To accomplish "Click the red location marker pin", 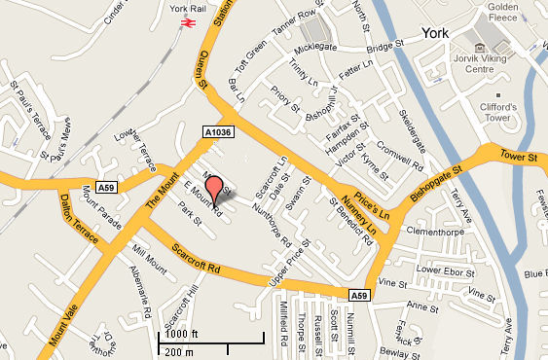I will [x=214, y=187].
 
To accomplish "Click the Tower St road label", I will [x=519, y=157].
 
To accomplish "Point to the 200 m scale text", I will [x=179, y=350].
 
